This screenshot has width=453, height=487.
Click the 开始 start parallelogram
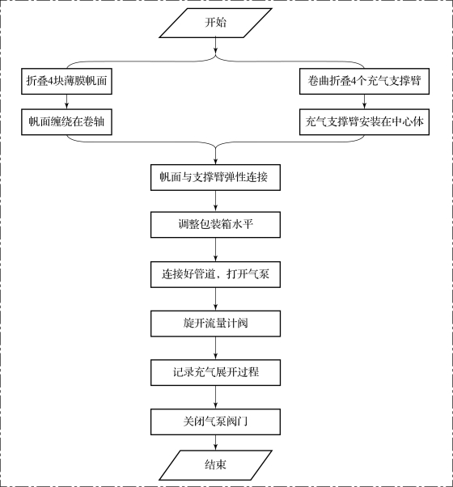pyautogui.click(x=215, y=23)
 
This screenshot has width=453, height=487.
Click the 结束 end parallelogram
pyautogui.click(x=215, y=465)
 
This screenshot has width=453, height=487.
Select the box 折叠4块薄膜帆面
pyautogui.click(x=66, y=82)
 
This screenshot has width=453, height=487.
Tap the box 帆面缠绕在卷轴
pyautogui.click(x=66, y=121)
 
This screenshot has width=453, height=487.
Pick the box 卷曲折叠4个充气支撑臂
pyautogui.click(x=364, y=82)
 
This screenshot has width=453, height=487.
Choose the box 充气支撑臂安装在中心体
pyautogui.click(x=364, y=121)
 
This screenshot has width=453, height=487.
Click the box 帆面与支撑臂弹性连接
pyautogui.click(x=215, y=177)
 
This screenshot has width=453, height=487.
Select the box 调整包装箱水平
pyautogui.click(x=215, y=225)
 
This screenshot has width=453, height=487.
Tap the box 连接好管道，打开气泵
pyautogui.click(x=215, y=274)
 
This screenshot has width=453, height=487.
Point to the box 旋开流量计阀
pyautogui.click(x=215, y=324)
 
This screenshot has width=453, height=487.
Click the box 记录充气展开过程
pyautogui.click(x=215, y=372)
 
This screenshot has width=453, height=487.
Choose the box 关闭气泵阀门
pyautogui.click(x=215, y=421)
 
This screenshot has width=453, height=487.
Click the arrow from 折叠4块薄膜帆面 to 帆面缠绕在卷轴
pyautogui.click(x=66, y=102)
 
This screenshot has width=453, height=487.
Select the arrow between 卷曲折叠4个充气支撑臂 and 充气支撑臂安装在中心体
pyautogui.click(x=364, y=102)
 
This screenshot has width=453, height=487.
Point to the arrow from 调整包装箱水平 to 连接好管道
pyautogui.click(x=215, y=250)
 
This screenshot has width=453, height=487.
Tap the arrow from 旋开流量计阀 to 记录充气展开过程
pyautogui.click(x=215, y=348)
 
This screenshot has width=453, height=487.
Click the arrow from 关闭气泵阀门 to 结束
pyautogui.click(x=215, y=443)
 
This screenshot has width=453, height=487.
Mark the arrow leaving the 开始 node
pyautogui.click(x=215, y=46)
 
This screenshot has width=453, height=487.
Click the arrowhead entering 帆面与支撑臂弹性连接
pyautogui.click(x=215, y=162)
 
